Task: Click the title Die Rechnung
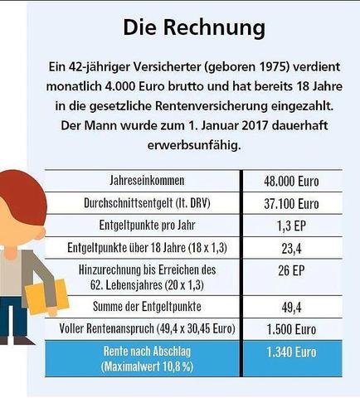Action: pyautogui.click(x=194, y=27)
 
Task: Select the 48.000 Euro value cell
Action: pyautogui.click(x=291, y=181)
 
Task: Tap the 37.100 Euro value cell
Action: pyautogui.click(x=291, y=202)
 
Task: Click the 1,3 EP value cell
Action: pyautogui.click(x=291, y=224)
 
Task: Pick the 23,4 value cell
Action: pyautogui.click(x=291, y=246)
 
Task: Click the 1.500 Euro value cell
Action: pyautogui.click(x=291, y=329)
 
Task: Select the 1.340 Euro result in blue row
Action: pyautogui.click(x=291, y=352)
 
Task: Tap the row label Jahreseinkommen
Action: pyautogui.click(x=141, y=181)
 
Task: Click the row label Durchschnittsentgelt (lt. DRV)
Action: pyautogui.click(x=141, y=202)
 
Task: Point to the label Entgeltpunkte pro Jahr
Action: pyautogui.click(x=141, y=224)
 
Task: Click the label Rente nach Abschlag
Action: pyautogui.click(x=141, y=351)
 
